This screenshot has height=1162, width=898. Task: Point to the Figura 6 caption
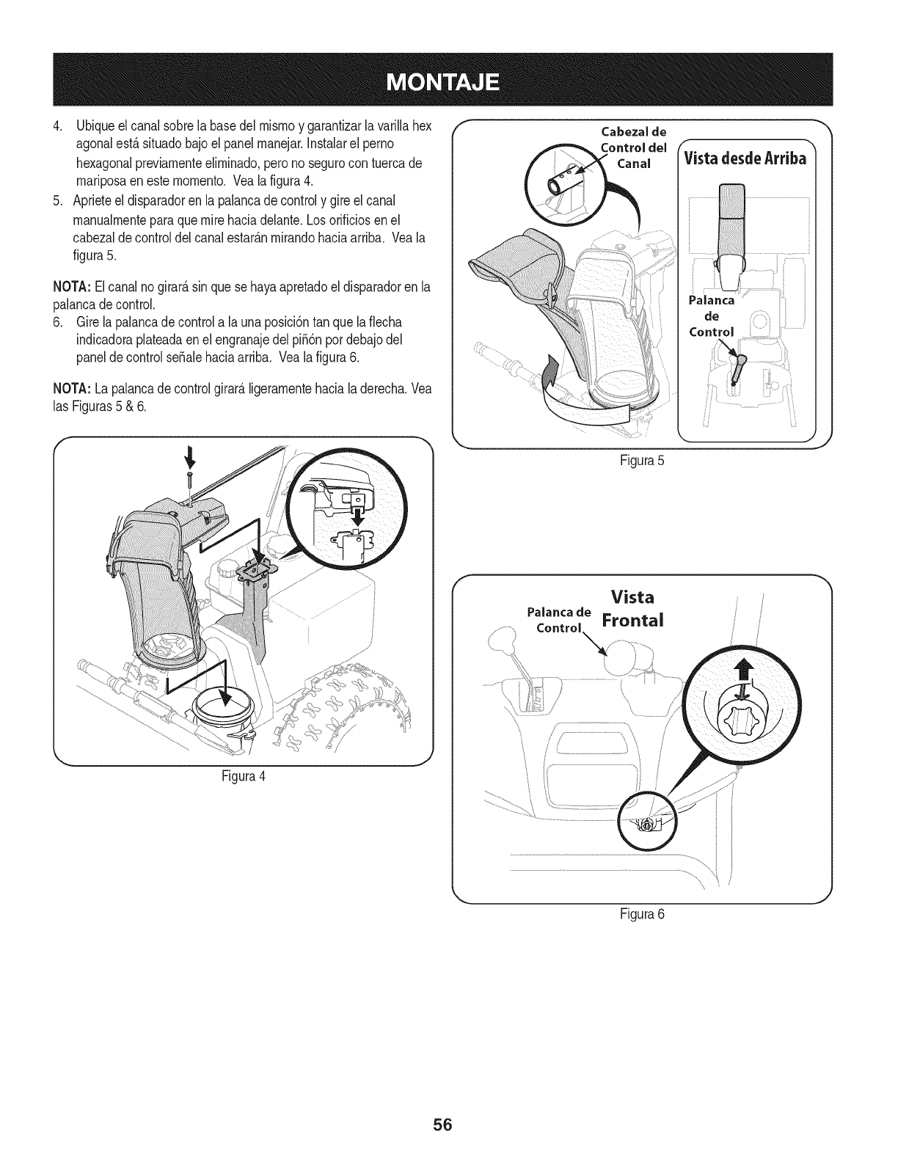642,914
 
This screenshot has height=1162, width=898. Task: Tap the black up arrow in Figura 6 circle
748,670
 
